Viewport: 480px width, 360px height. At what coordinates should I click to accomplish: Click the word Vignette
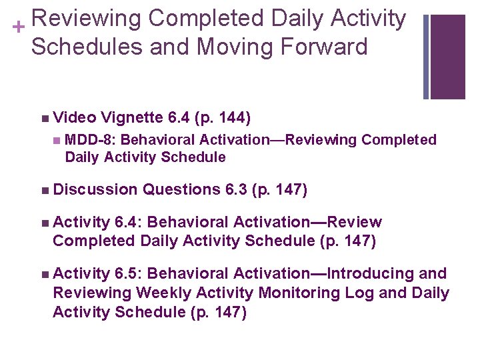pos(132,118)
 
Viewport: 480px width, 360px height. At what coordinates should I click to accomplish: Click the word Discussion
pos(95,191)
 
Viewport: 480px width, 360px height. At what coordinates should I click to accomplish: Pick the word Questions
pos(181,191)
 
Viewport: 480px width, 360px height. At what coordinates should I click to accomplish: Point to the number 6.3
pos(236,191)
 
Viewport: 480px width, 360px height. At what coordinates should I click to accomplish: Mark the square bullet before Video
pos(44,119)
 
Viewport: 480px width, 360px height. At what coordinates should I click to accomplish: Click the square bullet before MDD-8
pos(57,141)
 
